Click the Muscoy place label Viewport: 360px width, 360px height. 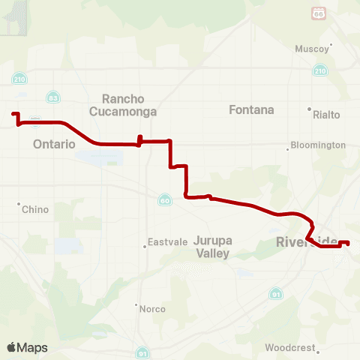[313, 49]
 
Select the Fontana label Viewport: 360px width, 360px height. [251, 109]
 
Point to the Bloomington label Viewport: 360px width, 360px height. [318, 145]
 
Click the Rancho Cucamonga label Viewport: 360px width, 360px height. [129, 105]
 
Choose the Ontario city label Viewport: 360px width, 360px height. [54, 144]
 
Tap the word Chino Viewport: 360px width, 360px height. [35, 209]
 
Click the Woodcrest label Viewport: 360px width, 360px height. [290, 348]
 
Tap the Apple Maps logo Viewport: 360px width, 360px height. [28, 347]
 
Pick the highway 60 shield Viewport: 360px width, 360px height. [163, 199]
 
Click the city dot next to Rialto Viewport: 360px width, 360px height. [309, 109]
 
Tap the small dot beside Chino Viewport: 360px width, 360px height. [19, 203]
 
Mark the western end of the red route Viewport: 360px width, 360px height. [13, 114]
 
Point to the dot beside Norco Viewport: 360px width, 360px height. [136, 306]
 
